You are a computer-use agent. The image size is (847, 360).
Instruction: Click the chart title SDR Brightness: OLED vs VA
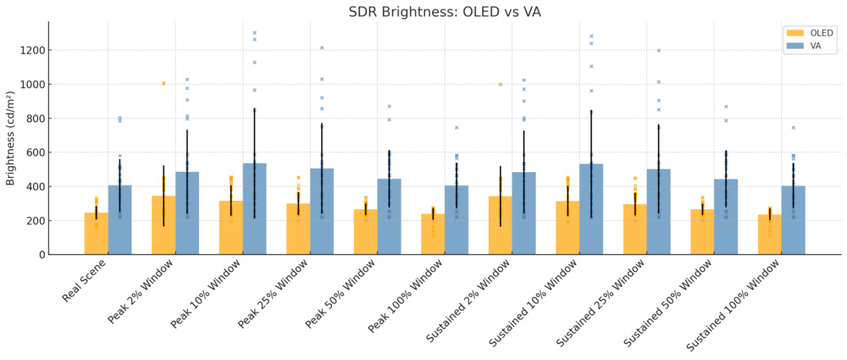[445, 12]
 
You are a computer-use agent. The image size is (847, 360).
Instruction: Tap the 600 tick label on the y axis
[34, 152]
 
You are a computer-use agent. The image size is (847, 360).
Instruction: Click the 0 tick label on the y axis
[40, 254]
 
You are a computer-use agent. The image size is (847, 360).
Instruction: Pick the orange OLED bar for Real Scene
[96, 234]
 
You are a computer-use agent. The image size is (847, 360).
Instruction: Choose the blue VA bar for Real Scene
[119, 220]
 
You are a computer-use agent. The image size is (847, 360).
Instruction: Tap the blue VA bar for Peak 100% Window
[457, 220]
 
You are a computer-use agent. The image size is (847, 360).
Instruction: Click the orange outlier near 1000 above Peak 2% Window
[163, 83]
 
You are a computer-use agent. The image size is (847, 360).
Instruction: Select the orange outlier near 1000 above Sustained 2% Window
[501, 84]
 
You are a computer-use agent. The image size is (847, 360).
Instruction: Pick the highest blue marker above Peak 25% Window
[322, 47]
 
